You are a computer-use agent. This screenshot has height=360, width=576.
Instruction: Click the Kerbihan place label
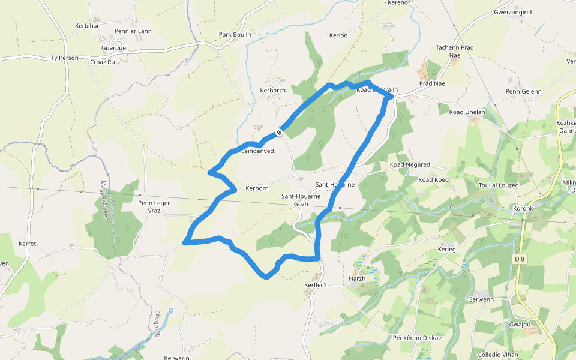pyautogui.click(x=88, y=25)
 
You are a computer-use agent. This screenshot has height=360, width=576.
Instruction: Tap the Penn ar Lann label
pyautogui.click(x=133, y=31)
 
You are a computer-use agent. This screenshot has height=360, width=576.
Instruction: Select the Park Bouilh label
pyautogui.click(x=235, y=34)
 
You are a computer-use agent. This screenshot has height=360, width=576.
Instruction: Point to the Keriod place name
pyautogui.click(x=338, y=35)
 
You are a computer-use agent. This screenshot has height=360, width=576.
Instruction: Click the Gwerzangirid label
pyautogui.click(x=513, y=12)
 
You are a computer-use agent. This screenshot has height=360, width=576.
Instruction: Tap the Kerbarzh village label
pyautogui.click(x=273, y=91)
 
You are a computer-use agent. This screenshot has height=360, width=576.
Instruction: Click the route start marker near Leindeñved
pyautogui.click(x=279, y=133)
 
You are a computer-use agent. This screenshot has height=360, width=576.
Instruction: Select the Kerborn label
pyautogui.click(x=257, y=188)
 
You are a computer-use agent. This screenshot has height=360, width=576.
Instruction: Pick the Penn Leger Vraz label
pyautogui.click(x=154, y=207)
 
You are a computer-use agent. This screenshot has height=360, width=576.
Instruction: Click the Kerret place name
pyautogui.click(x=28, y=244)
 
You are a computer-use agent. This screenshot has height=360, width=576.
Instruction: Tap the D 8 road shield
pyautogui.click(x=520, y=259)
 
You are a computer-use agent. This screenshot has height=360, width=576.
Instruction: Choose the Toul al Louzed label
pyautogui.click(x=499, y=185)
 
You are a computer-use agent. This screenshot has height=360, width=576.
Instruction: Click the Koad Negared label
pyautogui.click(x=410, y=164)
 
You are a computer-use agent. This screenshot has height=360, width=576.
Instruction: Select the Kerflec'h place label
pyautogui.click(x=317, y=284)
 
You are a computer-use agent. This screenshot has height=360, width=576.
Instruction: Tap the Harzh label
pyautogui.click(x=357, y=278)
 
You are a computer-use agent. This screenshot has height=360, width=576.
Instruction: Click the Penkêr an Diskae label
pyautogui.click(x=417, y=338)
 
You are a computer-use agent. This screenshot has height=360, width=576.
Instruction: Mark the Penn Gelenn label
pyautogui.click(x=523, y=91)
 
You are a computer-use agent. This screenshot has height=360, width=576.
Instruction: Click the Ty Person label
pyautogui.click(x=65, y=58)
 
